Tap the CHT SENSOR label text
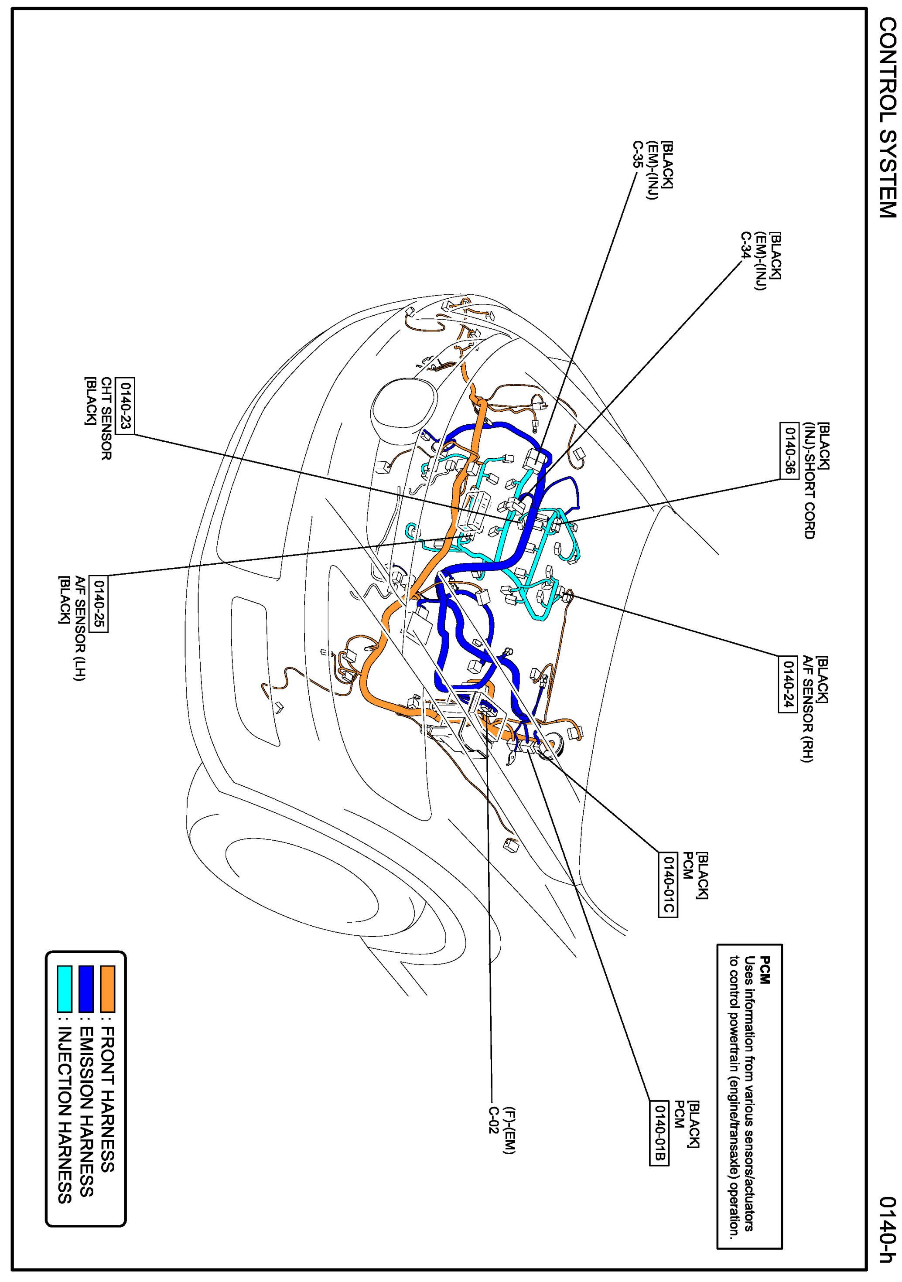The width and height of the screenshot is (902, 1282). pos(106,418)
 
